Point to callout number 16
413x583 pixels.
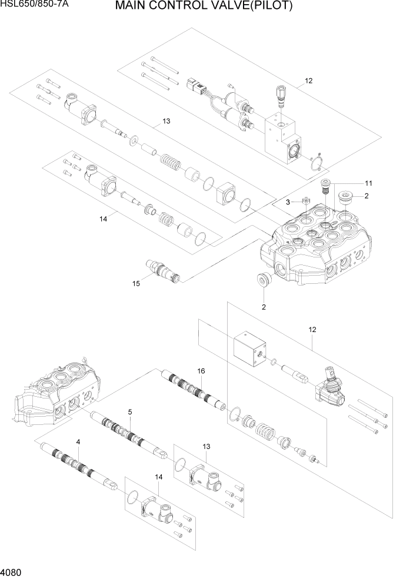coord(201,371)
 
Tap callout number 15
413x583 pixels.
coord(136,284)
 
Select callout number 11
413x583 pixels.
coord(369,182)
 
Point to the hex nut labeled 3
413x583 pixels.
coord(306,202)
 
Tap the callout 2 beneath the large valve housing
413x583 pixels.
coord(264,307)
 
